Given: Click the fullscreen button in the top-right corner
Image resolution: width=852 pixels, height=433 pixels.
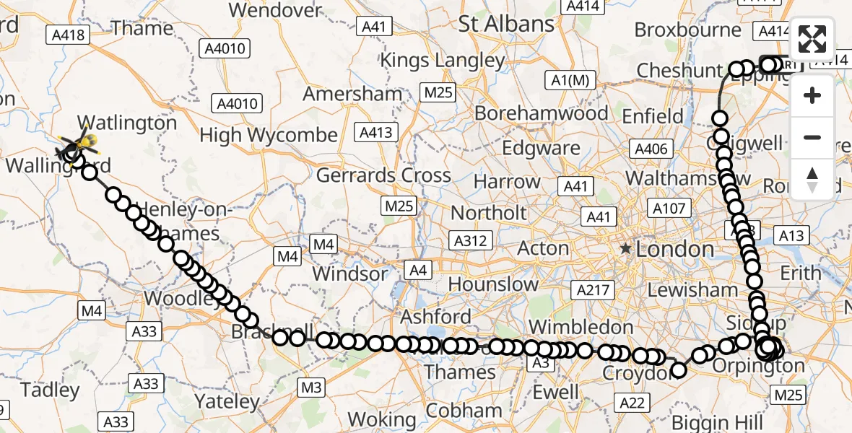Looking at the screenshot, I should click(x=812, y=39).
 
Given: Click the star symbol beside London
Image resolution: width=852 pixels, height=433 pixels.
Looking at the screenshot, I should click(x=625, y=249).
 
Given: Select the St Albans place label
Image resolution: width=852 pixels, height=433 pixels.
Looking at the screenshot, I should click(x=506, y=24).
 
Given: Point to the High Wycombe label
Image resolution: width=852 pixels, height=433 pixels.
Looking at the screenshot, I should click(x=269, y=135).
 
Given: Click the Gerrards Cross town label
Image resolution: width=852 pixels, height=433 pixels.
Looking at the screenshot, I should click(x=383, y=175).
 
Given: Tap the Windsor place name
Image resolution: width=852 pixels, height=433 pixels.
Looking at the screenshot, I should click(x=350, y=274).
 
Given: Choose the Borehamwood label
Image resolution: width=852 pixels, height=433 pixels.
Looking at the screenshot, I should click(x=542, y=113).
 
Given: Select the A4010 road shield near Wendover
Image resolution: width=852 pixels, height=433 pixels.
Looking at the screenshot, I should click(x=226, y=49).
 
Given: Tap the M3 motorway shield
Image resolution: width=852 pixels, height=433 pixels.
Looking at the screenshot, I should click(x=310, y=388).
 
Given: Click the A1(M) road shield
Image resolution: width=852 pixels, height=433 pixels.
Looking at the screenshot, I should click(x=570, y=81).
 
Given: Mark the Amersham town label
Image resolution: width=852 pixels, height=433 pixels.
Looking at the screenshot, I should click(x=352, y=94).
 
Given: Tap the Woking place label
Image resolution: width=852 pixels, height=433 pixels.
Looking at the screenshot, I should click(x=381, y=419).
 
